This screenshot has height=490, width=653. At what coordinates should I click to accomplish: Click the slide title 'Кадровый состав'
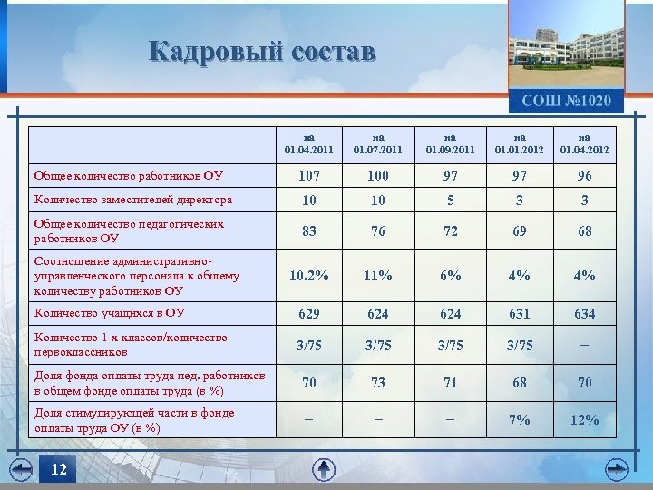point(262,52)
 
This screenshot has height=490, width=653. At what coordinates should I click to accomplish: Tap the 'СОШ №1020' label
point(566,101)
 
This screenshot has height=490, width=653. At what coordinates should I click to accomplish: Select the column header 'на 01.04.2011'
point(309,144)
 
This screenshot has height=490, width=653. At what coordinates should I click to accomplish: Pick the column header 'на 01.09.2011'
point(450,144)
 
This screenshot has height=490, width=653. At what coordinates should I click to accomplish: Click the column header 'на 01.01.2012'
point(519,144)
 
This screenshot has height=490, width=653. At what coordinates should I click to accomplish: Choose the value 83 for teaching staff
point(309,231)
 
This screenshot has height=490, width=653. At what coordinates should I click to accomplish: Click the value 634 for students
point(585,314)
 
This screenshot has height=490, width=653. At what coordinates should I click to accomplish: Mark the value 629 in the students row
point(309,314)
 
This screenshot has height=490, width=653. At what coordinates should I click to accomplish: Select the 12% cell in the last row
point(585,419)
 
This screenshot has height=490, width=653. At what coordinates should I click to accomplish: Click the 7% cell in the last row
point(519,419)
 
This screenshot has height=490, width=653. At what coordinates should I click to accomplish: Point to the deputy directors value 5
point(450,200)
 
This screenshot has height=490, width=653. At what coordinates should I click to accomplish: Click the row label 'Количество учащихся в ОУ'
point(109,313)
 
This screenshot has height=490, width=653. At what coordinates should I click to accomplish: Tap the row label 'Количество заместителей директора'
point(132,200)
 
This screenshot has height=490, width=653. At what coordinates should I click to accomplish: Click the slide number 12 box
point(59,469)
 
